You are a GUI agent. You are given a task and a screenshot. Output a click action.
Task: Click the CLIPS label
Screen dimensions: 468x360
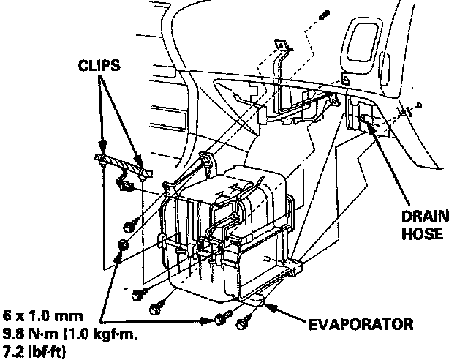tap(99, 65)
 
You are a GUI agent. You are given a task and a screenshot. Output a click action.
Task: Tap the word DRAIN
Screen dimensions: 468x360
tap(425, 216)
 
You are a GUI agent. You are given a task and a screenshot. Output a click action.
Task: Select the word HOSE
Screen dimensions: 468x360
tap(423, 233)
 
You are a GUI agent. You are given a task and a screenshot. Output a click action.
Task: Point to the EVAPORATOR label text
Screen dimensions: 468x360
tap(361, 324)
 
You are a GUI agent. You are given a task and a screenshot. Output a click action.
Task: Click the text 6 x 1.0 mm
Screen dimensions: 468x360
tap(43, 316)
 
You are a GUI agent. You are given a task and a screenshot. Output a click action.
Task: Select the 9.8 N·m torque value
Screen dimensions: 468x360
tap(31, 334)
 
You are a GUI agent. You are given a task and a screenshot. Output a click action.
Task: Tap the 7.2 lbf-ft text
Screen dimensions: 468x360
tap(34, 352)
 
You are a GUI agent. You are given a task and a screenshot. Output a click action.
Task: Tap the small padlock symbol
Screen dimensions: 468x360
tap(346, 79)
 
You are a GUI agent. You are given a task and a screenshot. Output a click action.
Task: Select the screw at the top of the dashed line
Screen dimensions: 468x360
tap(325, 15)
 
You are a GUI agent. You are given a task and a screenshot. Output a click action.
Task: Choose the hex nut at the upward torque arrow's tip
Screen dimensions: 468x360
tap(124, 245)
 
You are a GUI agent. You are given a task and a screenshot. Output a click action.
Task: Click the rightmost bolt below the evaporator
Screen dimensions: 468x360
tap(243, 322)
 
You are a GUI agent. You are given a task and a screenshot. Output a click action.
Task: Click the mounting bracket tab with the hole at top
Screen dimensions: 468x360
tap(281, 45)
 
